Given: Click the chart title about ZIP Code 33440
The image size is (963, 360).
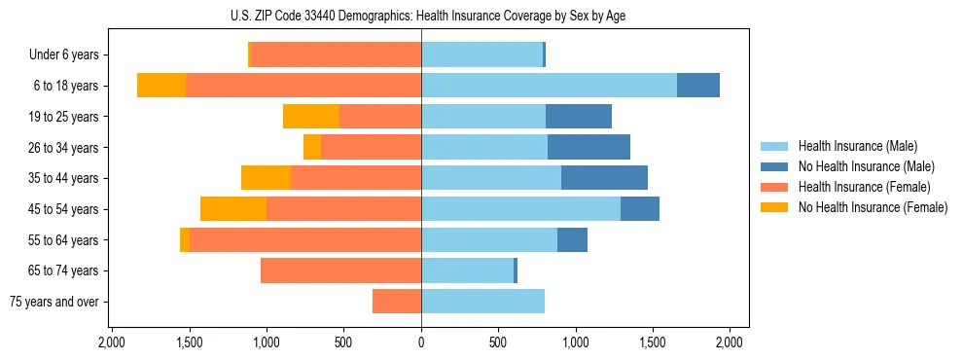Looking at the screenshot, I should (421, 16).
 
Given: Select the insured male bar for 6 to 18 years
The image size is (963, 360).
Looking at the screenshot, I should (549, 86).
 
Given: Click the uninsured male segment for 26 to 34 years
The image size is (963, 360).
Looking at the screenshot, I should (588, 147).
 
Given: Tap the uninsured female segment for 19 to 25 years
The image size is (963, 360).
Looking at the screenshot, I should (311, 117).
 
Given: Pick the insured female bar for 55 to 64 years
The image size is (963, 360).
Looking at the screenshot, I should (305, 239).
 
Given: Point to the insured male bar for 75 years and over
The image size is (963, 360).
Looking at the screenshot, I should (482, 302).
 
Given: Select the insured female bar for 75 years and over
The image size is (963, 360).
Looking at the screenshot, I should (397, 302).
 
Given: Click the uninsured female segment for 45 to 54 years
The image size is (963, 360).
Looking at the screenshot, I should (233, 209).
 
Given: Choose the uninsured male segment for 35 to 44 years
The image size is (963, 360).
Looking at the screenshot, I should (604, 178).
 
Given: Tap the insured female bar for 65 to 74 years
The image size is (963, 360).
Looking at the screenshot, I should (340, 270).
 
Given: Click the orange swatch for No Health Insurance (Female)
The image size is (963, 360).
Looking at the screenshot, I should (774, 207).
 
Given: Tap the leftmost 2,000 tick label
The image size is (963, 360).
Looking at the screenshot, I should (112, 342).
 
